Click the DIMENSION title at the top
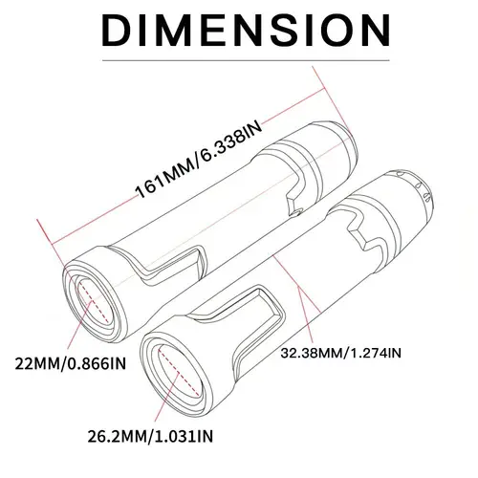click(x=239, y=30)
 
